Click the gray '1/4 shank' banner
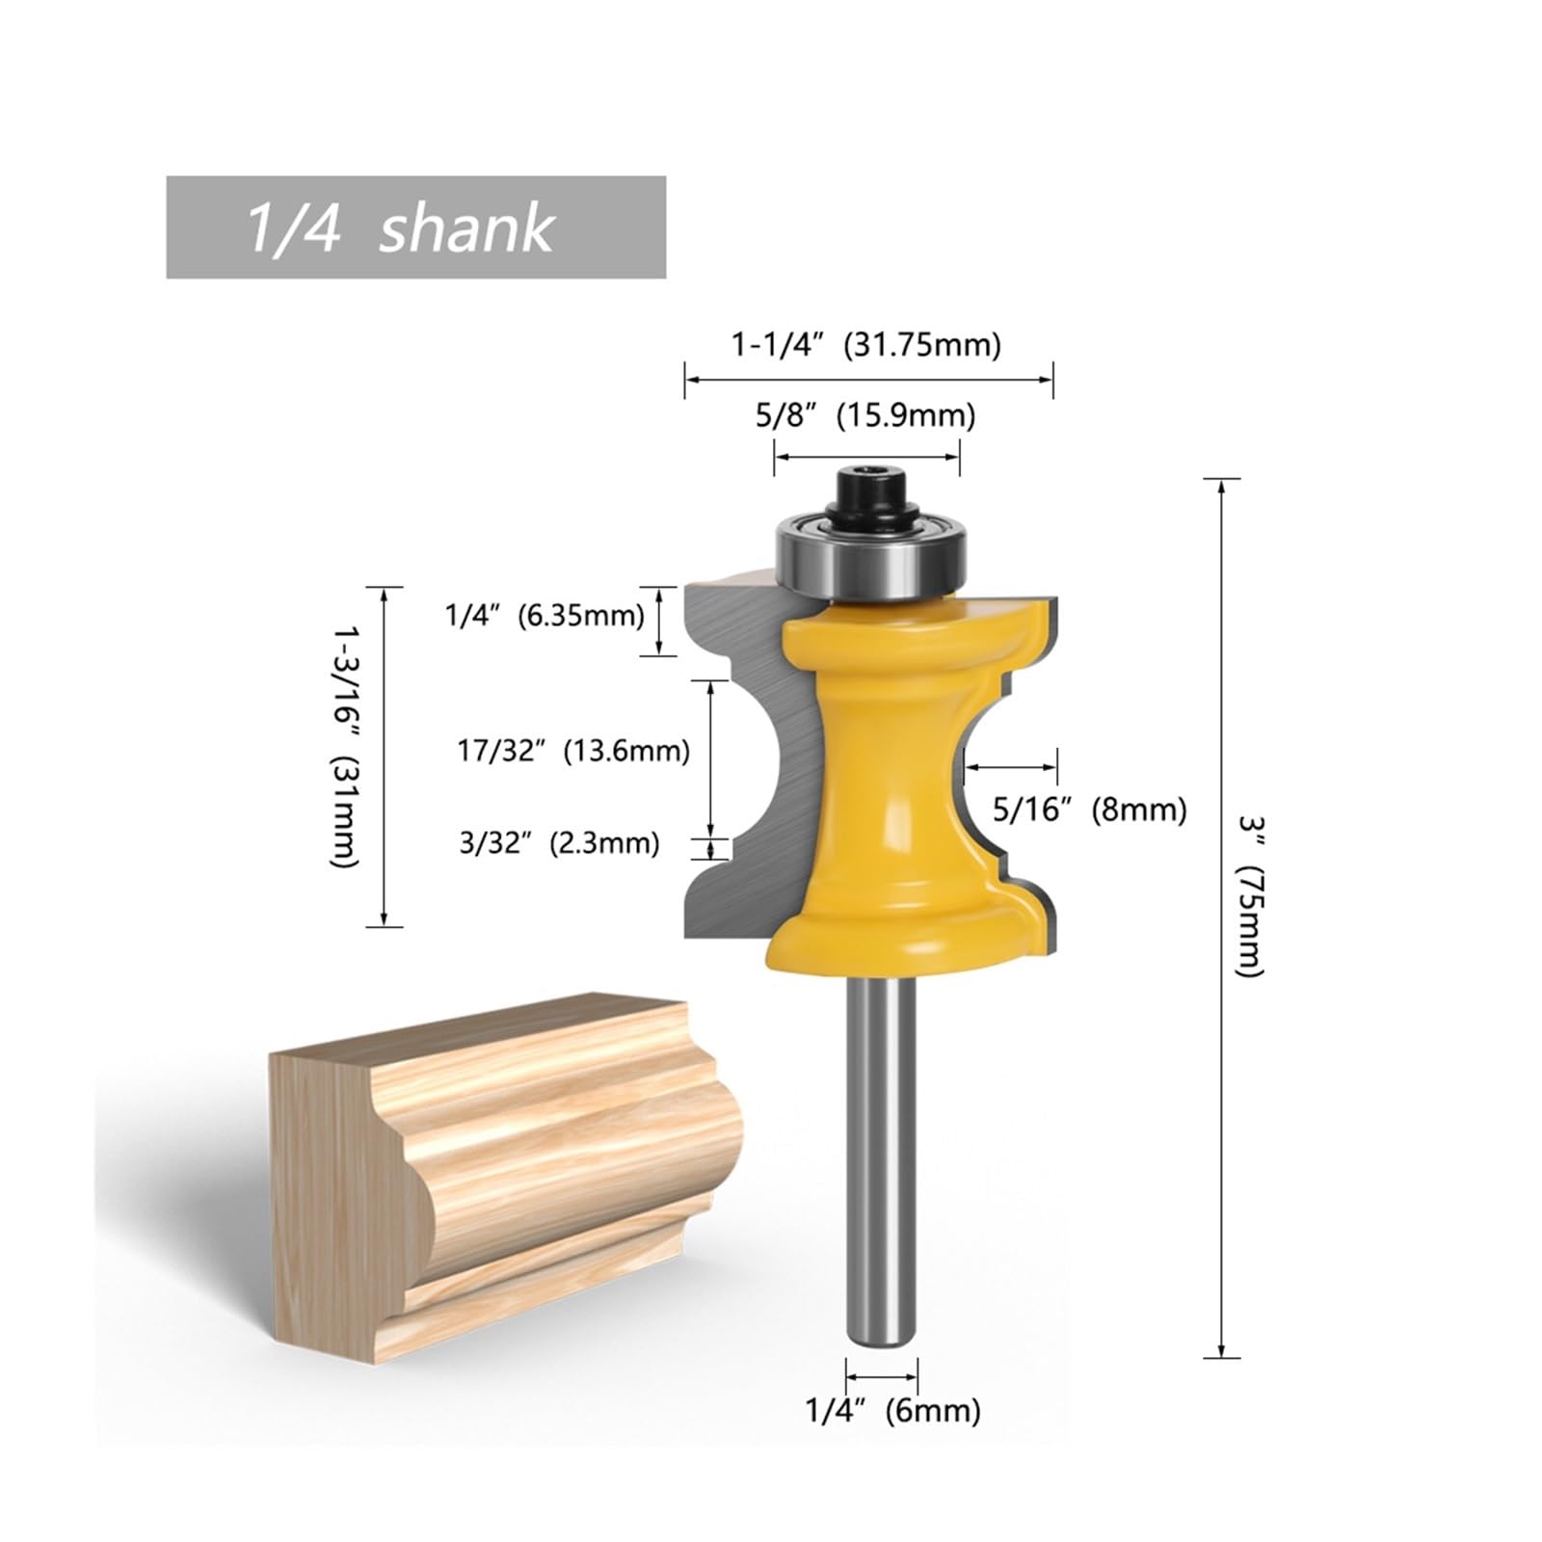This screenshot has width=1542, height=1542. coord(415,226)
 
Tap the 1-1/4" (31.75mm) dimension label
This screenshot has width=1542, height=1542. coord(866,344)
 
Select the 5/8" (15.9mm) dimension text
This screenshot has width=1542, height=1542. coord(865,415)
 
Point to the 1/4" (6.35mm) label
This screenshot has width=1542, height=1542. coord(545,615)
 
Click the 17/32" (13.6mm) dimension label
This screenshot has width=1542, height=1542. coord(573,750)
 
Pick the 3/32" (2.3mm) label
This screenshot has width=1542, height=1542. coord(559,843)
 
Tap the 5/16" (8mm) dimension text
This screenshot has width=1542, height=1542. coord(1089,810)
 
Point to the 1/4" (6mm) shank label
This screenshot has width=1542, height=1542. coord(892,1411)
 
